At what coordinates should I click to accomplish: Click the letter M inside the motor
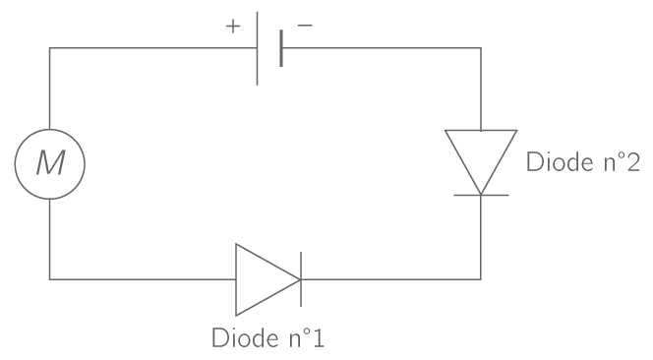(x=49, y=163)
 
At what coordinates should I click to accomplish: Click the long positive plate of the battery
(x=258, y=47)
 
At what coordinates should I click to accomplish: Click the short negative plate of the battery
(x=281, y=47)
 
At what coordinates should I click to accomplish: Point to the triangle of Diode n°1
(x=262, y=279)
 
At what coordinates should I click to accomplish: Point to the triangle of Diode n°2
(x=480, y=157)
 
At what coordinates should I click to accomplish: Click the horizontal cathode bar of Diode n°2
(x=480, y=195)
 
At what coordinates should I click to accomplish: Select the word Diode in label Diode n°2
(x=555, y=162)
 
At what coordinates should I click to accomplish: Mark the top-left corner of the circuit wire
(x=49, y=47)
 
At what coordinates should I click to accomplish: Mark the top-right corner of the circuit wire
(x=480, y=47)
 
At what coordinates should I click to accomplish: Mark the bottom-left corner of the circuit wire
(x=49, y=279)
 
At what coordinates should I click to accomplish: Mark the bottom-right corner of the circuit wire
(x=480, y=279)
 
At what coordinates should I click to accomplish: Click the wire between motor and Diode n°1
(x=138, y=279)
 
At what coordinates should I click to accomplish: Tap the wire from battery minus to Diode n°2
(x=393, y=47)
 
